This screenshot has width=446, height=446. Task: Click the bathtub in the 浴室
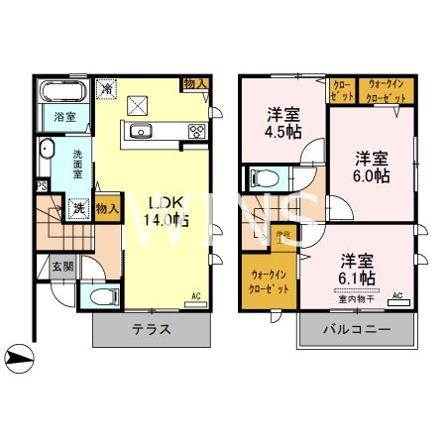click(x=62, y=95)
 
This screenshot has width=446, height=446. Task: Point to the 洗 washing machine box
click(x=77, y=209)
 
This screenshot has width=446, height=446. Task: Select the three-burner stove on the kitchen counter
click(x=196, y=131)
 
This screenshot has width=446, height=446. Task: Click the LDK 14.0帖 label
click(x=167, y=212)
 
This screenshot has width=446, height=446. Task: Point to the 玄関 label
click(x=62, y=266)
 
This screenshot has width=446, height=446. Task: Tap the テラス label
click(x=152, y=330)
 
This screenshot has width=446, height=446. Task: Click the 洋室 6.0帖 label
click(x=372, y=165)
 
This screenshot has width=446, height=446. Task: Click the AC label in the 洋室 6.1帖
click(x=397, y=295)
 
